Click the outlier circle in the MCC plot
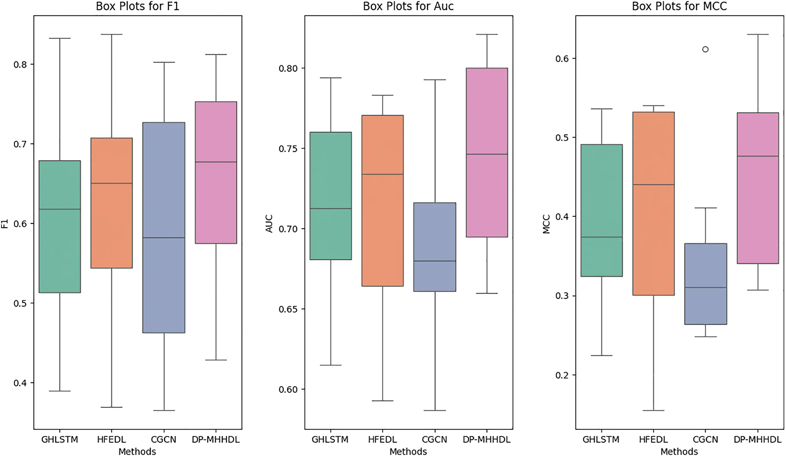(705, 49)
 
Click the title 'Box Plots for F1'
(138, 6)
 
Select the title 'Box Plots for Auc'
(408, 6)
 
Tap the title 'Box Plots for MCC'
(679, 6)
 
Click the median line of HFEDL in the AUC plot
(383, 174)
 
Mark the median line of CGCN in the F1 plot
(164, 238)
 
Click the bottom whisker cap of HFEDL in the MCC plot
(653, 411)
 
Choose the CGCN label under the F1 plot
(164, 439)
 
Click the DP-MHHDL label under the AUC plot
(486, 439)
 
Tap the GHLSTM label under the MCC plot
(601, 439)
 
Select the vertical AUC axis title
(269, 223)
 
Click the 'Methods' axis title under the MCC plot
(679, 451)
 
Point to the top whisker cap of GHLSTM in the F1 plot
(60, 38)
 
